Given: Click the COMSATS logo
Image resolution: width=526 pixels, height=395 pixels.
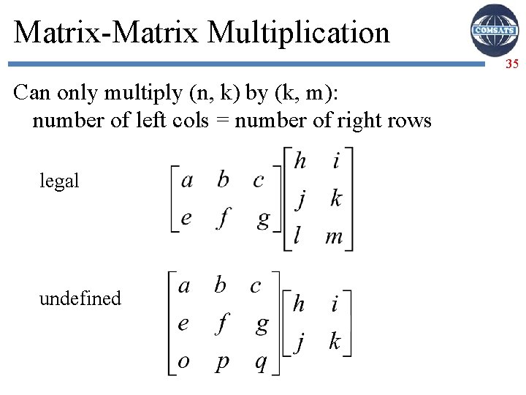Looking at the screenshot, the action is point(495,30).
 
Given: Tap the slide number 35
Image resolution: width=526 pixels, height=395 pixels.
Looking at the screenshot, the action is point(511,64).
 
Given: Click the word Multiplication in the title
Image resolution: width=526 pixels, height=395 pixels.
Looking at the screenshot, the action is point(299,32).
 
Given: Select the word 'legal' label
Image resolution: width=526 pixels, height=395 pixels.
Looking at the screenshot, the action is point(59,181).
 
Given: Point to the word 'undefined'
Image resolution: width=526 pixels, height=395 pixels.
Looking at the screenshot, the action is point(80,298).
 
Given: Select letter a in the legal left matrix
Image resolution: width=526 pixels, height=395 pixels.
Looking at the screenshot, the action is point(187,180).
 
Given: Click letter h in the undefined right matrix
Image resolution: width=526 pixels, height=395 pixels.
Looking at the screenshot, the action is point(298,304).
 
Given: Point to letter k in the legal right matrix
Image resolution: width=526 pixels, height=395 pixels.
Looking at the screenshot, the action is point(335,198).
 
